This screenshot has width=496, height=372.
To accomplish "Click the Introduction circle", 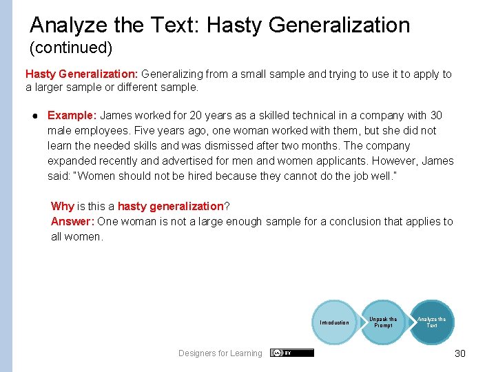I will pyautogui.click(x=334, y=322).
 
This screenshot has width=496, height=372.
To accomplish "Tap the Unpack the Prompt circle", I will pyautogui.click(x=383, y=322).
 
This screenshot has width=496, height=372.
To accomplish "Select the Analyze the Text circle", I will pyautogui.click(x=431, y=322).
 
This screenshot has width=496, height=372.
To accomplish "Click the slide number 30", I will pyautogui.click(x=460, y=353).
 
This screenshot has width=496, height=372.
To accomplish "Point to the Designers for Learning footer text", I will pyautogui.click(x=220, y=353).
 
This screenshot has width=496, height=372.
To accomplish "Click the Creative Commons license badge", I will pyautogui.click(x=291, y=353).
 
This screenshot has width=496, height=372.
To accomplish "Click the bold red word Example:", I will pyautogui.click(x=72, y=116).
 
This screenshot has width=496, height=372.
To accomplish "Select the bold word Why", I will pyautogui.click(x=62, y=206).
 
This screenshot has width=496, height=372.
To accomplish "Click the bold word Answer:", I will pyautogui.click(x=72, y=221).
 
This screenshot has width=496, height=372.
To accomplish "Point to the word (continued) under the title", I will pyautogui.click(x=70, y=49).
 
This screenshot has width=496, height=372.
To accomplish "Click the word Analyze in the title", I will pyautogui.click(x=69, y=25).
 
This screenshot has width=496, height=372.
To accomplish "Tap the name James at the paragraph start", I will pyautogui.click(x=116, y=116).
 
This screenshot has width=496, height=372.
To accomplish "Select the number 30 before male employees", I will pyautogui.click(x=435, y=116).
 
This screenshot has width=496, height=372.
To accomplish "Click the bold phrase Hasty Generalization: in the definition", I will pyautogui.click(x=81, y=74).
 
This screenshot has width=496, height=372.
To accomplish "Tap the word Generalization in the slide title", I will pyautogui.click(x=339, y=25).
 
